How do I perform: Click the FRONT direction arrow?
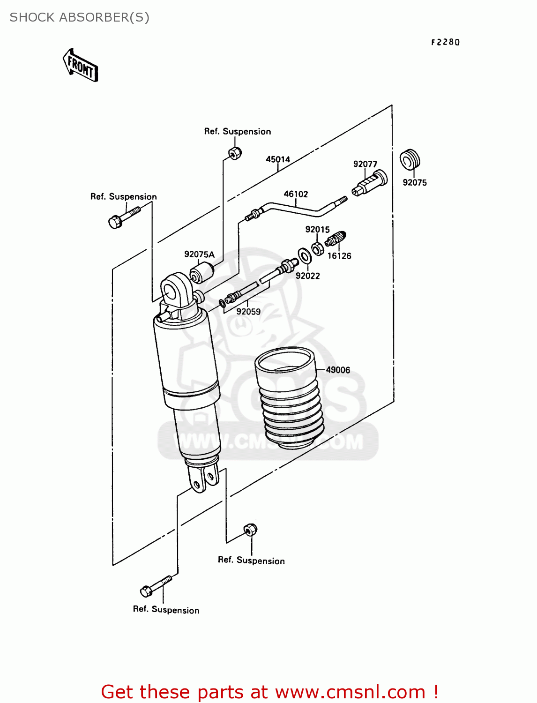[80, 66]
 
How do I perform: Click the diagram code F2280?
[445, 42]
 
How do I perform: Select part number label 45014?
[278, 159]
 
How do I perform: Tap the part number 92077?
[365, 164]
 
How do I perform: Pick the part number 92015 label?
[317, 230]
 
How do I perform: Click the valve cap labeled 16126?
[336, 239]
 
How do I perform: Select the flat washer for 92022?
[305, 256]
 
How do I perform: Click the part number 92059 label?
[248, 312]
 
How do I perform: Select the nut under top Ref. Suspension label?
[235, 153]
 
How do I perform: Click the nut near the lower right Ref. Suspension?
[251, 530]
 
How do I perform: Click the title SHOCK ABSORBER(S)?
[80, 17]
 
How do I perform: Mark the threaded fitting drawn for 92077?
[370, 183]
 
